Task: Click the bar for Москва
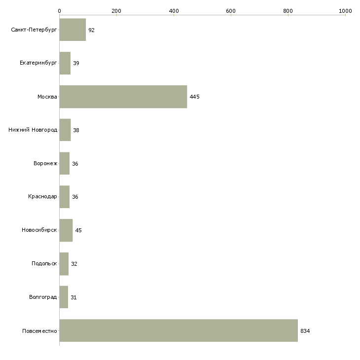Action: click(123, 97)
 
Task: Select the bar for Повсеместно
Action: click(179, 330)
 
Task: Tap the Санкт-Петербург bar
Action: click(73, 30)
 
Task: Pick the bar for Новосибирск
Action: click(66, 230)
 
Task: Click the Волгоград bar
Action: click(64, 297)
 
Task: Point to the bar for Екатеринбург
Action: click(65, 63)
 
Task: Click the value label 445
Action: click(194, 97)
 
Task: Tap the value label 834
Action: click(305, 331)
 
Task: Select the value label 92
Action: click(91, 30)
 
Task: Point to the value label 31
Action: click(73, 297)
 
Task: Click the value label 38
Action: click(76, 130)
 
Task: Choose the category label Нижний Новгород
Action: click(33, 130)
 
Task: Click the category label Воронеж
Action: click(45, 163)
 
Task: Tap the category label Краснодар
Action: click(42, 197)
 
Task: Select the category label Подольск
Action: click(44, 263)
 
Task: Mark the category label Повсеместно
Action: click(39, 331)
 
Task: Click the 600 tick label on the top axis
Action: click(231, 11)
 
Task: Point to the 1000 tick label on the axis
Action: click(345, 11)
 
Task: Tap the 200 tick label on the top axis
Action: click(116, 11)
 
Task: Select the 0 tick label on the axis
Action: click(60, 11)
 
